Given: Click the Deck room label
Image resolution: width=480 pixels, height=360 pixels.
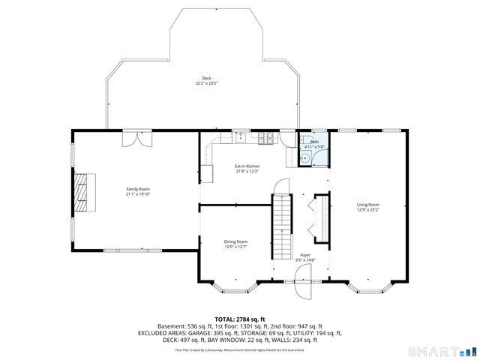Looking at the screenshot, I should (x=205, y=78).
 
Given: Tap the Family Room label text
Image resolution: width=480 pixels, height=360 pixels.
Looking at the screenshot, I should (x=138, y=189).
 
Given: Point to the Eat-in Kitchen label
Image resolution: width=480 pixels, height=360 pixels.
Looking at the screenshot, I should (x=247, y=166).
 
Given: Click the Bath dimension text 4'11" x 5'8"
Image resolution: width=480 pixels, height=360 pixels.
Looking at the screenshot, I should (x=314, y=146).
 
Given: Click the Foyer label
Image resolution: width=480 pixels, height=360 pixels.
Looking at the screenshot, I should (x=306, y=255).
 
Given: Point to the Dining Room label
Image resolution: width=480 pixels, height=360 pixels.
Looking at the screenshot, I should (x=235, y=241).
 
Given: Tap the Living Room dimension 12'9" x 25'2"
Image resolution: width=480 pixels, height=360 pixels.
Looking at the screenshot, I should (x=367, y=210).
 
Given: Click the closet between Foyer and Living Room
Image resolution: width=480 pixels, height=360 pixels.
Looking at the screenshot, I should (x=318, y=217).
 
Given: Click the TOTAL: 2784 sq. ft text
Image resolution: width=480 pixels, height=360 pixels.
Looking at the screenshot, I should (x=239, y=319).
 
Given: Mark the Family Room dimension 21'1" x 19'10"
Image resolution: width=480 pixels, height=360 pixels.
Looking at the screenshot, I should (x=138, y=194).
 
